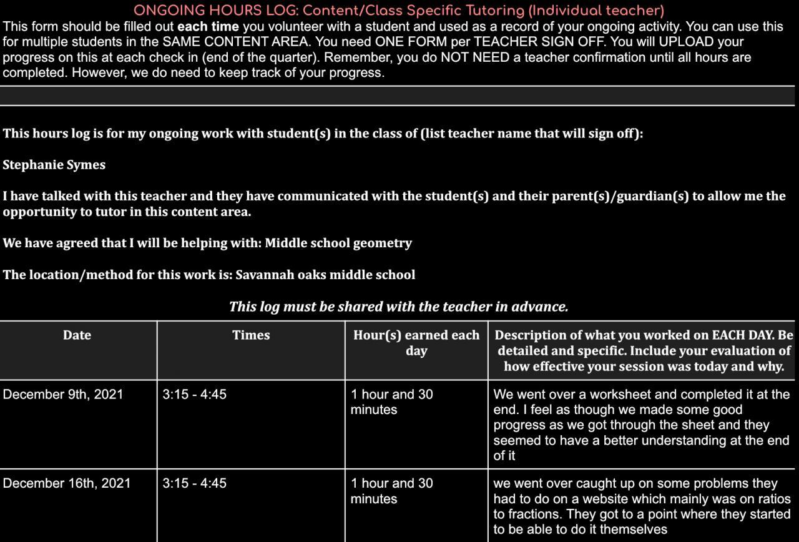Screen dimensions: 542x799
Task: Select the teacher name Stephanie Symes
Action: (x=54, y=165)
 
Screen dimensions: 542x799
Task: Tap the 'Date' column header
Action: (x=77, y=335)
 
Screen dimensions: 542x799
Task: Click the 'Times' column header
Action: (x=251, y=335)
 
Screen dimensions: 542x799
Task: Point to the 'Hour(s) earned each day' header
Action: (x=416, y=343)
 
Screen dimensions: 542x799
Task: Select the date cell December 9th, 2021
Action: (x=63, y=395)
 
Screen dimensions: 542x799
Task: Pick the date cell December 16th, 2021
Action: (x=67, y=483)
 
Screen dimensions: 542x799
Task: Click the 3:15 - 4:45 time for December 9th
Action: (x=194, y=395)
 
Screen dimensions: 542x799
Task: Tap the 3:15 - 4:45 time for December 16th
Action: (x=194, y=483)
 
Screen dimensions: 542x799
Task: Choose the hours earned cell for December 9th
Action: (x=391, y=402)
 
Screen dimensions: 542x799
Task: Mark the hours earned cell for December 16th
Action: (x=391, y=491)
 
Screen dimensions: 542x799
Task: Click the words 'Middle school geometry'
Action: (x=338, y=243)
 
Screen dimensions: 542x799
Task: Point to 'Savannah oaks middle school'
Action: (x=325, y=275)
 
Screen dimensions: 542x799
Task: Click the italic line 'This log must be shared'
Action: (x=398, y=307)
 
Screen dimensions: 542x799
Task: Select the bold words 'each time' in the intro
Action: (x=208, y=27)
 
